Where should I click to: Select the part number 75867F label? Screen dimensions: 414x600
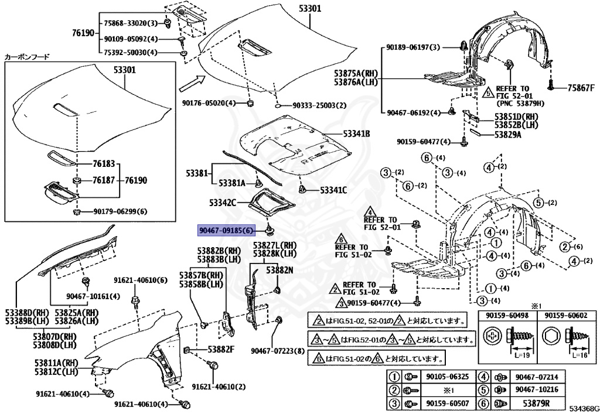pyautogui.click(x=581, y=88)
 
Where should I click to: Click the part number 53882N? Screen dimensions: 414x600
pyautogui.click(x=280, y=271)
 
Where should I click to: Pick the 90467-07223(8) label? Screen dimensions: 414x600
pyautogui.click(x=278, y=351)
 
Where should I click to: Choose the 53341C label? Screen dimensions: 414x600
pyautogui.click(x=333, y=190)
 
